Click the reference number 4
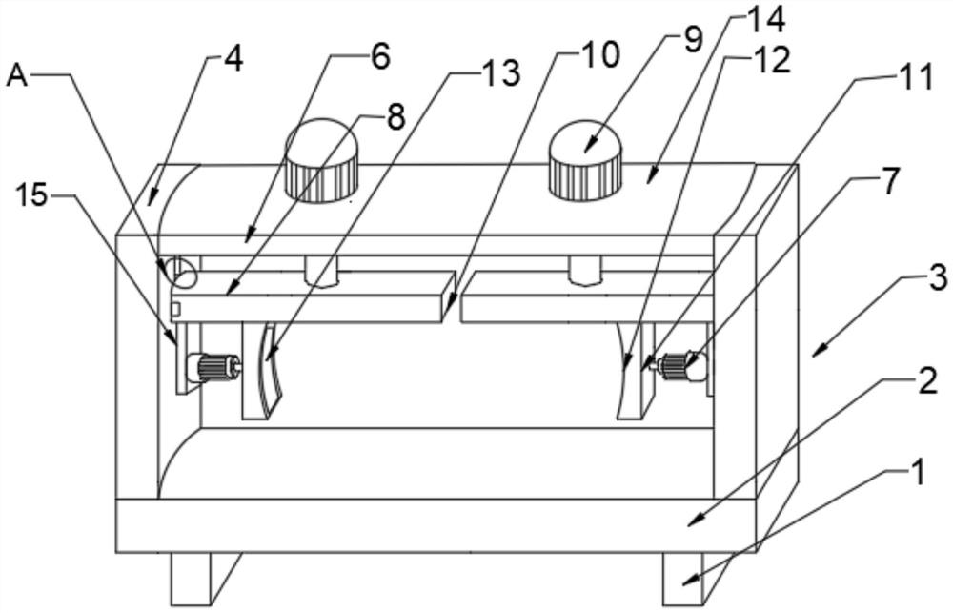[231, 59]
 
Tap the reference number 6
[379, 56]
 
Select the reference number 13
[500, 72]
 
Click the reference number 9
[692, 39]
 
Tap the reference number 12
[770, 60]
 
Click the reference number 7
[889, 181]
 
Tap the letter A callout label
[17, 76]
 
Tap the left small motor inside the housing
[215, 366]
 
